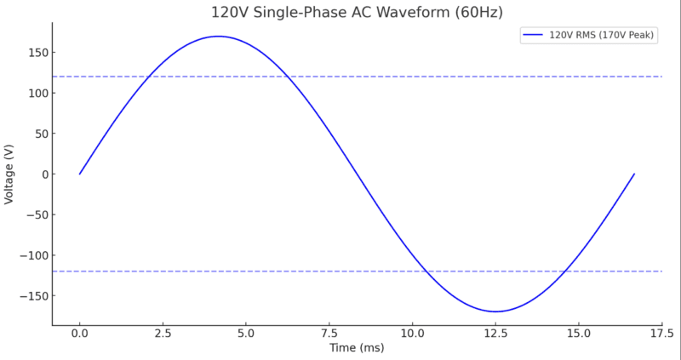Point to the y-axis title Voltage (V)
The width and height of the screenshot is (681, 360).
coord(9,174)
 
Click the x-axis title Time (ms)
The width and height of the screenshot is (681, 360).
coord(357,348)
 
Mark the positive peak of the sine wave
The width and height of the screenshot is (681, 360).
coord(219,37)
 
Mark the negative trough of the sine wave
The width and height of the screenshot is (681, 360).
coord(495,311)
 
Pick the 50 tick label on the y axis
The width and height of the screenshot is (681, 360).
coord(37,134)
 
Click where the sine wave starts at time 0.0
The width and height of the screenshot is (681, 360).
coord(80,174)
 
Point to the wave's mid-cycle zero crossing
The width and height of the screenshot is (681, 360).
coord(357,174)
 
